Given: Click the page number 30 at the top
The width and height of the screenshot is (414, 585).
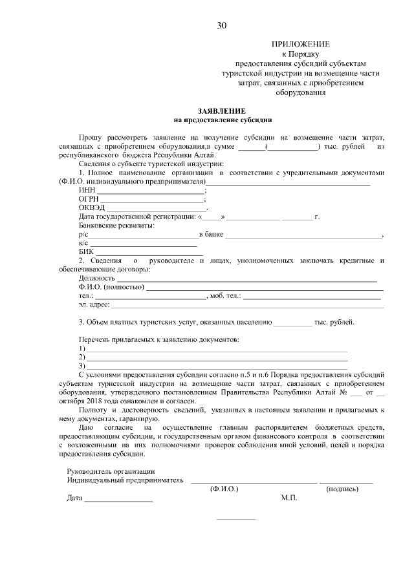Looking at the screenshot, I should click(222, 26).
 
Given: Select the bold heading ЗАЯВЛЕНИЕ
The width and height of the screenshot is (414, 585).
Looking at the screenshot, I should click(223, 111).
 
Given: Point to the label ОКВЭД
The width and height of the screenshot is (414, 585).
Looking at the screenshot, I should click(91, 208).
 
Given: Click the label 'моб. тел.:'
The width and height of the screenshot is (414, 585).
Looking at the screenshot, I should click(225, 295).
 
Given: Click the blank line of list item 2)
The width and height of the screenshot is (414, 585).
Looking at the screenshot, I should click(217, 357).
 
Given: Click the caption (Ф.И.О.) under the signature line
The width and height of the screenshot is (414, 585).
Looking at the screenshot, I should click(224, 490).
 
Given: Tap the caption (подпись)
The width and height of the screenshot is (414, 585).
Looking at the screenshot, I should click(342, 490).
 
